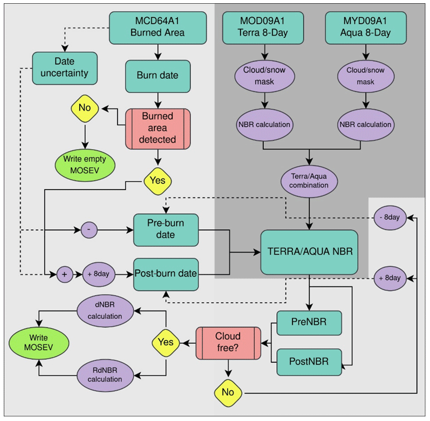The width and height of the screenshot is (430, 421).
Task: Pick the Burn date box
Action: (158, 76)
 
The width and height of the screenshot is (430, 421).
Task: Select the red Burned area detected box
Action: (158, 128)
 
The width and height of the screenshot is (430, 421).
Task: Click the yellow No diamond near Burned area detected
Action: (85, 108)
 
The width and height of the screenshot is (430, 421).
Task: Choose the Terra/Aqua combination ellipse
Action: (309, 180)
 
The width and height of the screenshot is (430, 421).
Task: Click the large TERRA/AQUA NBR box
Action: (309, 252)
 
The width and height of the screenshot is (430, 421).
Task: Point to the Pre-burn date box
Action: (166, 229)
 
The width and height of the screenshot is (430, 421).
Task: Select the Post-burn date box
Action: (166, 274)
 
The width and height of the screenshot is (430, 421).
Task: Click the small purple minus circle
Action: (89, 229)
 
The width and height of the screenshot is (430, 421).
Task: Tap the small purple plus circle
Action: (65, 274)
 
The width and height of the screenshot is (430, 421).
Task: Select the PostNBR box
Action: (309, 361)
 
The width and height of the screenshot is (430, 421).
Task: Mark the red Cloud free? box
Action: (227, 342)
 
